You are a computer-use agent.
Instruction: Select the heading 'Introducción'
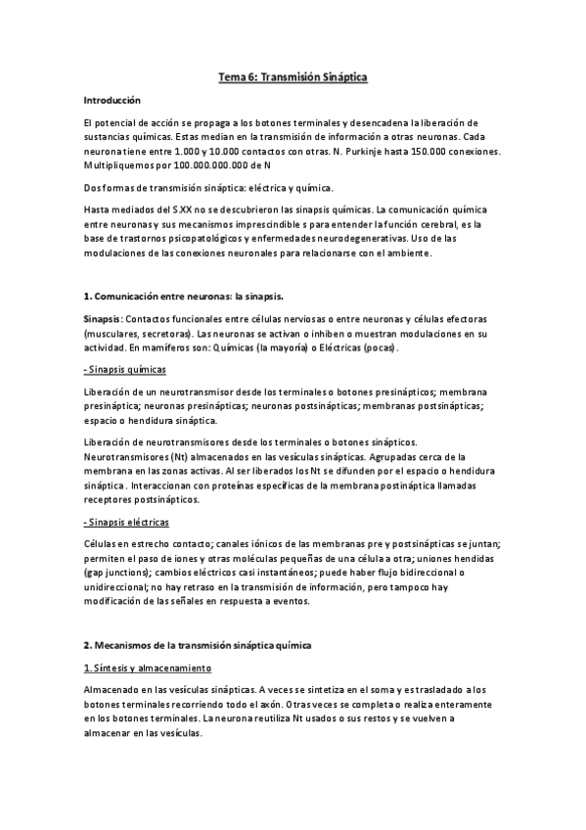coord(113,100)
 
